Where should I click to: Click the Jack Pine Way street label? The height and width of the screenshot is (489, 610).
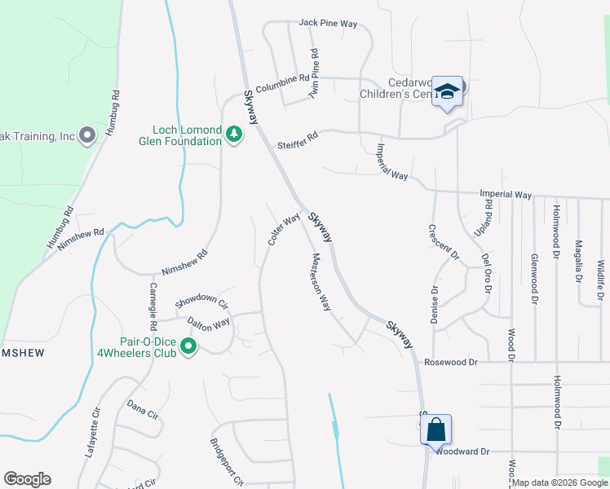(x=328, y=24)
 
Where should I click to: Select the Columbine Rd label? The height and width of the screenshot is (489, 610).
(x=282, y=84)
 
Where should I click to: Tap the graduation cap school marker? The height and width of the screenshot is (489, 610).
(x=447, y=91)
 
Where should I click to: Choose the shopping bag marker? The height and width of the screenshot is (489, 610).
(x=435, y=429)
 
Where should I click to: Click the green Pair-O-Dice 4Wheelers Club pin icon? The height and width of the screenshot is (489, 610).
(x=188, y=348)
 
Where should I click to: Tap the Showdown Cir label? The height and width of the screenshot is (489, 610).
(x=201, y=300)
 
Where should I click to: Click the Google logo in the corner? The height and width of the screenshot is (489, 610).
(x=27, y=479)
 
